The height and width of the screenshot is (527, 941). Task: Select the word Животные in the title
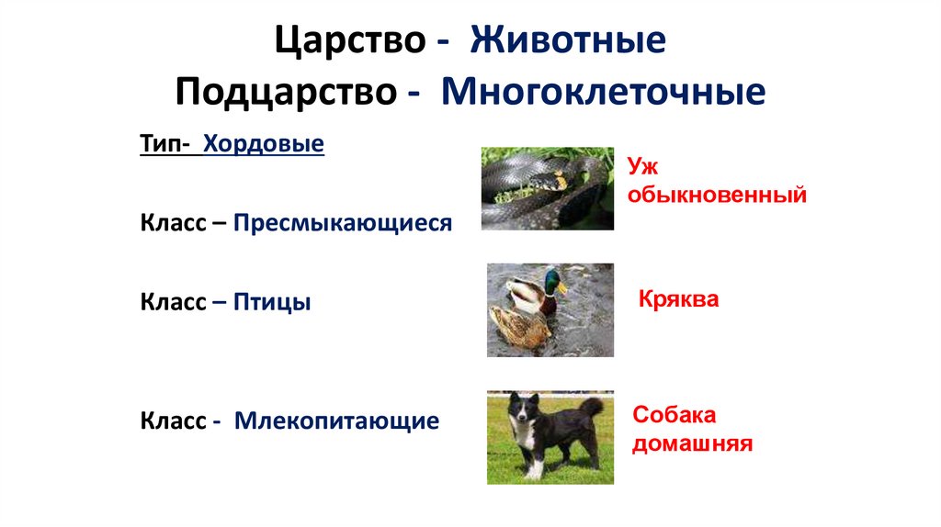click(x=567, y=42)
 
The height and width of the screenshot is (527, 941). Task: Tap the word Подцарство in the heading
click(x=284, y=92)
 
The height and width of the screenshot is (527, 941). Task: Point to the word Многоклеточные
click(x=603, y=92)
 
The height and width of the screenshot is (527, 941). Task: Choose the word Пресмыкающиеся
click(x=343, y=223)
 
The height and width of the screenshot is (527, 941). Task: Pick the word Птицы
click(x=272, y=302)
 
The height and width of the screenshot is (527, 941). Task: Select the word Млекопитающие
click(x=336, y=421)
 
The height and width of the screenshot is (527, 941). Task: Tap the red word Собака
click(x=674, y=414)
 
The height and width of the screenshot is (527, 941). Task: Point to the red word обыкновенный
click(x=718, y=195)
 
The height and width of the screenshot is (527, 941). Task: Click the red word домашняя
click(x=693, y=444)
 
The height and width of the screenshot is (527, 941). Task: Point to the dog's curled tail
click(x=593, y=406)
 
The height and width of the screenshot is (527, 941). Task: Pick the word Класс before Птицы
click(x=173, y=302)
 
